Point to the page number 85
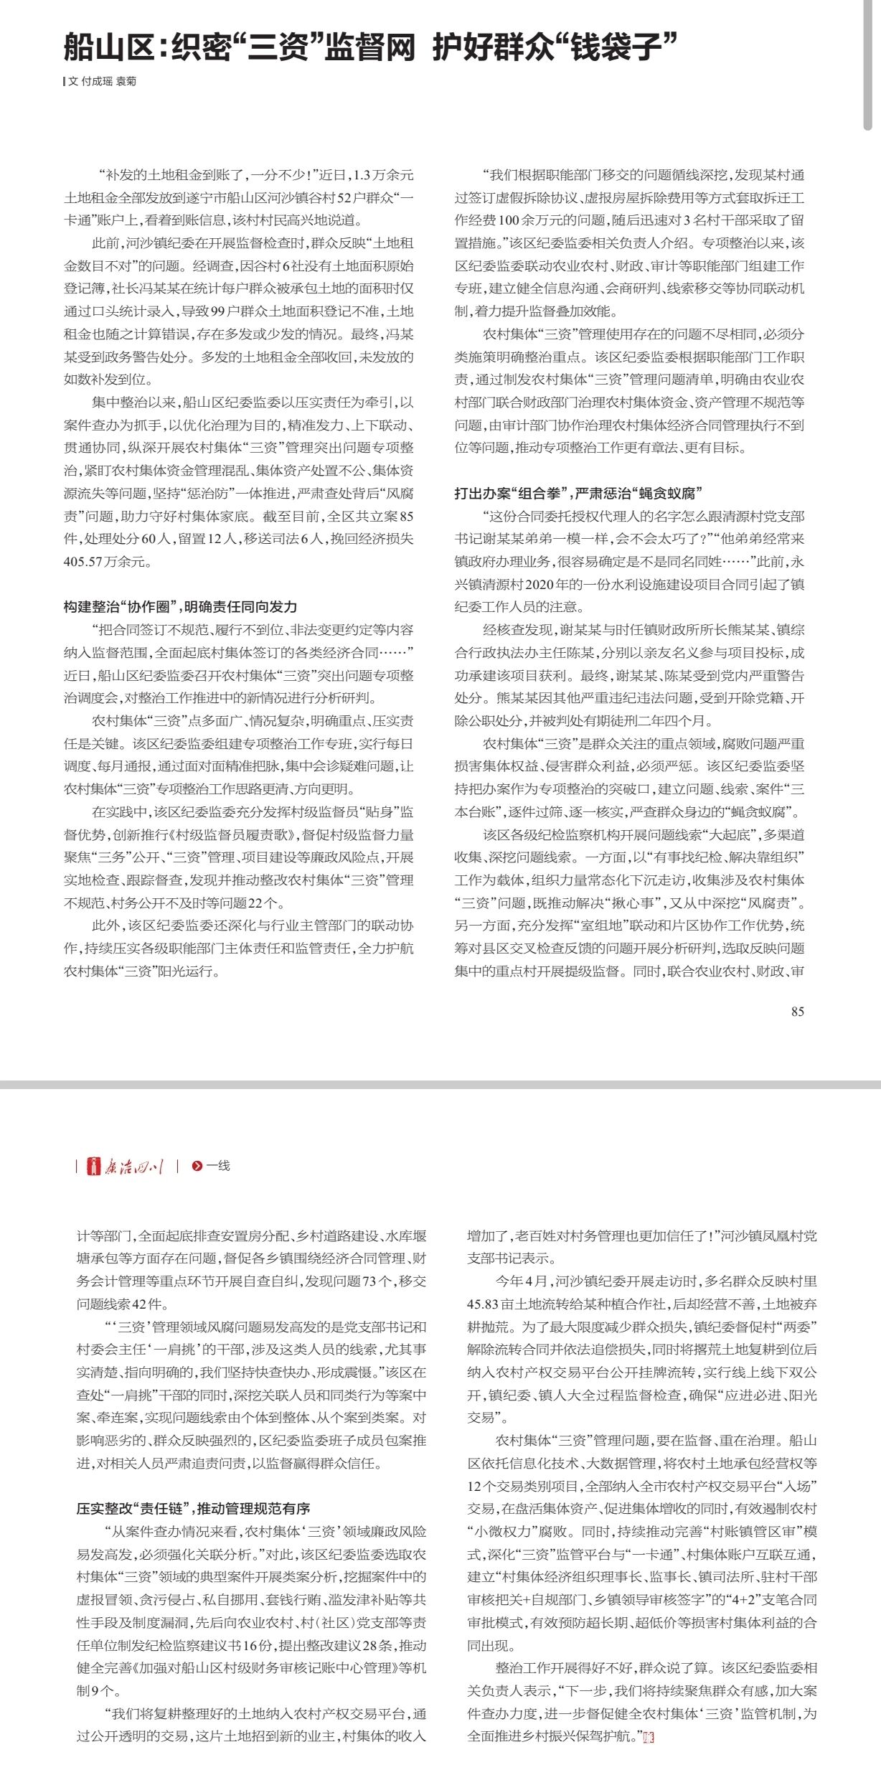pyautogui.click(x=797, y=1012)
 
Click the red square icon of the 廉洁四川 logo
pyautogui.click(x=93, y=1167)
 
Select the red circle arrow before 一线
pyautogui.click(x=197, y=1167)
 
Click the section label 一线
pyautogui.click(x=218, y=1167)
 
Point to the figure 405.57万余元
pyautogui.click(x=107, y=562)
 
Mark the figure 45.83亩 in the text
pyautogui.click(x=496, y=1304)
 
